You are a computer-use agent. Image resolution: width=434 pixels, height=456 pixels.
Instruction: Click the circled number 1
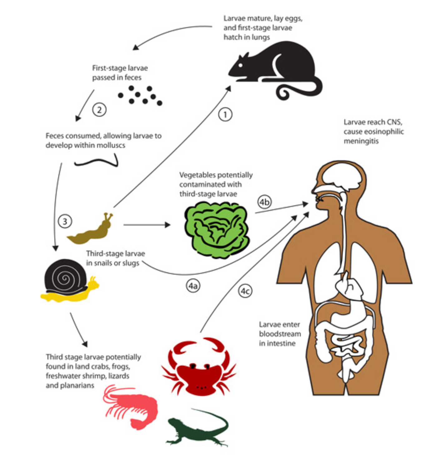tap(225, 115)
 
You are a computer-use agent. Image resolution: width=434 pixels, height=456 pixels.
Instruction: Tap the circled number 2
tap(99, 110)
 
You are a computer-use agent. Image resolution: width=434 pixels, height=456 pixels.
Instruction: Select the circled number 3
tap(65, 221)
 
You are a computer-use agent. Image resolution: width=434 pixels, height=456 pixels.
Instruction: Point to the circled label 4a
tap(193, 286)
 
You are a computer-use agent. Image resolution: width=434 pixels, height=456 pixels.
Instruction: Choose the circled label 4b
tap(264, 202)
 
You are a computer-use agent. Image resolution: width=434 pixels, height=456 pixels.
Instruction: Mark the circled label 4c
tap(245, 291)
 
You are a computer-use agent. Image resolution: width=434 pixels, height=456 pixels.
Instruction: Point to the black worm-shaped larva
tap(97, 162)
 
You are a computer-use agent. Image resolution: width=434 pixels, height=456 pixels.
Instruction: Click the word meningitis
tap(361, 141)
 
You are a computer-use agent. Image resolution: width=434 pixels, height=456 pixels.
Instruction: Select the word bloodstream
tap(280, 334)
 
